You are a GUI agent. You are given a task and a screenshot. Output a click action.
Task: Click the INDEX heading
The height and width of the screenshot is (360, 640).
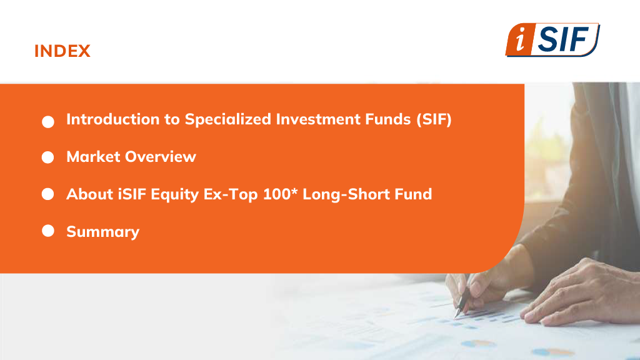tap(62, 51)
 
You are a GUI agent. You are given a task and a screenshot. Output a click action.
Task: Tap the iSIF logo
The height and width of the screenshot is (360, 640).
tap(552, 39)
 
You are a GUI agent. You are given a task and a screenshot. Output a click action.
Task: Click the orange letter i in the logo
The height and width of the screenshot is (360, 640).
tap(520, 40)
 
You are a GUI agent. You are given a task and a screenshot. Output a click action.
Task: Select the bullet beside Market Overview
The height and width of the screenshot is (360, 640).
tap(47, 157)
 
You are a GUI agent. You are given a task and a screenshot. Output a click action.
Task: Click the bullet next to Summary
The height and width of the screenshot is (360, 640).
tap(47, 231)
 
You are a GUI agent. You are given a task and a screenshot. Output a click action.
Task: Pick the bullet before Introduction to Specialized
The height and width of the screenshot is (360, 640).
tap(47, 122)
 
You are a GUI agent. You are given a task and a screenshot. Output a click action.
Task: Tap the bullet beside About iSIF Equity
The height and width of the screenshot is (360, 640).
tap(47, 194)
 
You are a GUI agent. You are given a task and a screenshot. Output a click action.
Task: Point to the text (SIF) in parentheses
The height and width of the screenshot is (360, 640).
tap(434, 119)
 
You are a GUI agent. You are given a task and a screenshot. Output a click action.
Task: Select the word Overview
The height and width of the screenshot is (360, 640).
tap(161, 157)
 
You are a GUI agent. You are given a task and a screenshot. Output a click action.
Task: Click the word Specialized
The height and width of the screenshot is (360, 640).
tap(228, 119)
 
